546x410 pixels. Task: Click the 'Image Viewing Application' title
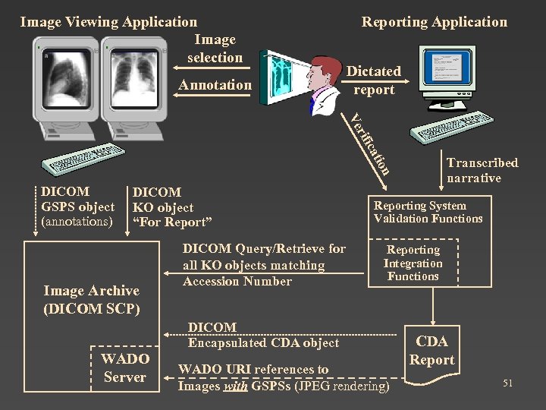pyautogui.click(x=108, y=22)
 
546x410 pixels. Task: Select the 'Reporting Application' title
pyautogui.click(x=434, y=22)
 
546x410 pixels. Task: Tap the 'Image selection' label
pyautogui.click(x=215, y=49)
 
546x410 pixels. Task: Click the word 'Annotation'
pyautogui.click(x=215, y=85)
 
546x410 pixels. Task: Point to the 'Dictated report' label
pyautogui.click(x=374, y=80)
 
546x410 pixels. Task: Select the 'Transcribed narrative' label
pyautogui.click(x=482, y=170)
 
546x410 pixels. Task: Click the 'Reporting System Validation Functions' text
pyautogui.click(x=428, y=213)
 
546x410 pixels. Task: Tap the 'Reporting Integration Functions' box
pyautogui.click(x=413, y=263)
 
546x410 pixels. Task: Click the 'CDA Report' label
pyautogui.click(x=431, y=351)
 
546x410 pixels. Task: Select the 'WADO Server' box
pyautogui.click(x=125, y=367)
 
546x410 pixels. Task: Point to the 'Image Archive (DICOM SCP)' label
pyautogui.click(x=91, y=300)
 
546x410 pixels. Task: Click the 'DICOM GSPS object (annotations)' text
pyautogui.click(x=77, y=207)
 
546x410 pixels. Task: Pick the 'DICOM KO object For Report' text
pyautogui.click(x=171, y=207)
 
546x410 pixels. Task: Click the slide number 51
pyautogui.click(x=507, y=383)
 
